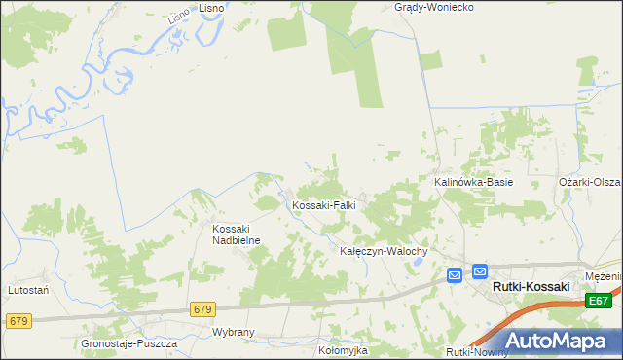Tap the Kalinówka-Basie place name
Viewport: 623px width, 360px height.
[473, 182]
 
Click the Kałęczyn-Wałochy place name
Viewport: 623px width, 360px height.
[384, 251]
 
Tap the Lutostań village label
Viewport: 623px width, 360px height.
[29, 290]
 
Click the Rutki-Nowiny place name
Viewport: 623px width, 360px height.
[477, 352]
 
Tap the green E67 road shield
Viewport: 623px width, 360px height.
[600, 303]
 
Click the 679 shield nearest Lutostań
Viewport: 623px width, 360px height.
[18, 320]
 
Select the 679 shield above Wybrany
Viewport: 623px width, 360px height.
[202, 309]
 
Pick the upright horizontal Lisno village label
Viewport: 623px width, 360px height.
[212, 7]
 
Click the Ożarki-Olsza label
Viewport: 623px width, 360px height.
[590, 182]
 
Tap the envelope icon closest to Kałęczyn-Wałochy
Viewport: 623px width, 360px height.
[454, 276]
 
